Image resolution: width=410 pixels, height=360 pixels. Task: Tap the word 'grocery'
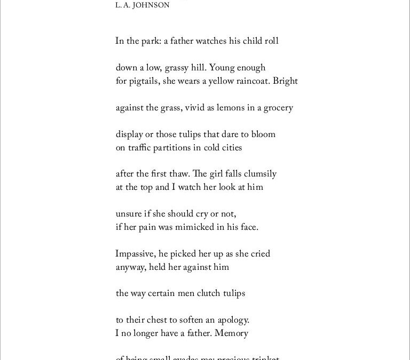(x=275, y=108)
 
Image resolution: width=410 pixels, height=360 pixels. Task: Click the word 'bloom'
(x=263, y=134)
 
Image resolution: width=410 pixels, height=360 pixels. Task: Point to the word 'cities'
(x=229, y=148)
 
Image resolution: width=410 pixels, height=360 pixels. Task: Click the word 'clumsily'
(x=261, y=174)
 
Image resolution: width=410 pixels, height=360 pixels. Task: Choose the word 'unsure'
(x=129, y=214)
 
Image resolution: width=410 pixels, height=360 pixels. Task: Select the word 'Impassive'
(x=135, y=254)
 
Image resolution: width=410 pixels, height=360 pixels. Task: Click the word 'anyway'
(x=129, y=267)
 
